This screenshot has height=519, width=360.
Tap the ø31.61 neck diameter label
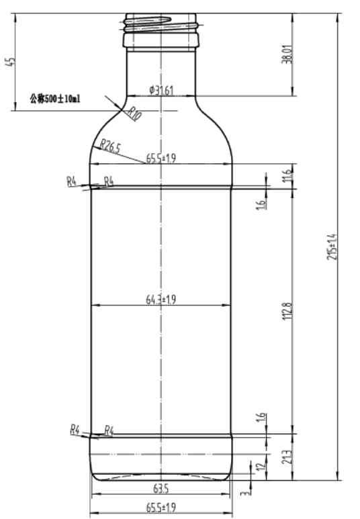pos(161,91)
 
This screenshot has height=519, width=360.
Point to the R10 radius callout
pos(134,113)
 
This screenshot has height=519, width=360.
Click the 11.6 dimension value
pos(269,176)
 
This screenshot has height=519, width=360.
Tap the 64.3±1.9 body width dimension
pos(161,299)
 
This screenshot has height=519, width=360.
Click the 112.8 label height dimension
pos(287,312)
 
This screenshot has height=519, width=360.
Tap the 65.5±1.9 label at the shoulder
pos(161,158)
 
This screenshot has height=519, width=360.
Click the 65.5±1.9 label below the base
pos(161,507)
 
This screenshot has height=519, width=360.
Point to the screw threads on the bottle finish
pos(161,26)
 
